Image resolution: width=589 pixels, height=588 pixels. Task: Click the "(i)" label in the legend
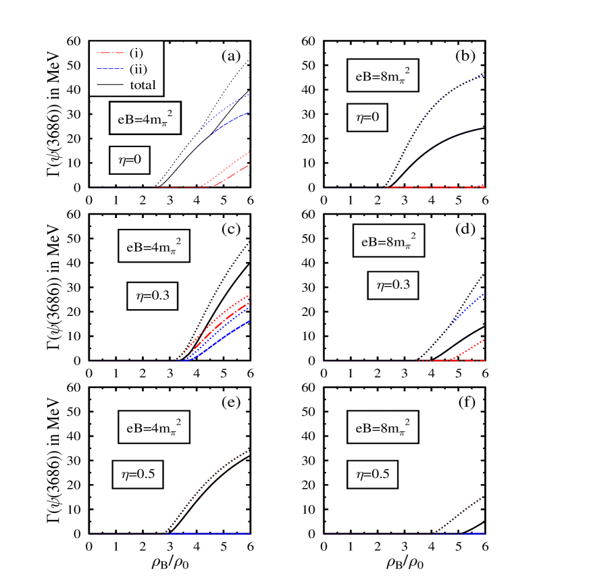tap(136, 53)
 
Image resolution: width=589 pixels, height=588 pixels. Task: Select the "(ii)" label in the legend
tap(138, 69)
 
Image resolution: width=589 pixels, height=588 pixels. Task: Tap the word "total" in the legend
tap(143, 85)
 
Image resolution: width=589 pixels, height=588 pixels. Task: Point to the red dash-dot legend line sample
tap(110, 53)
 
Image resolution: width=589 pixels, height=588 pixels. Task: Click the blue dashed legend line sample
tap(110, 69)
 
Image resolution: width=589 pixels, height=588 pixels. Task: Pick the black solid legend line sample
tap(110, 85)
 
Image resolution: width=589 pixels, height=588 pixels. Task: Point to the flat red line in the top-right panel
tap(432, 186)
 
